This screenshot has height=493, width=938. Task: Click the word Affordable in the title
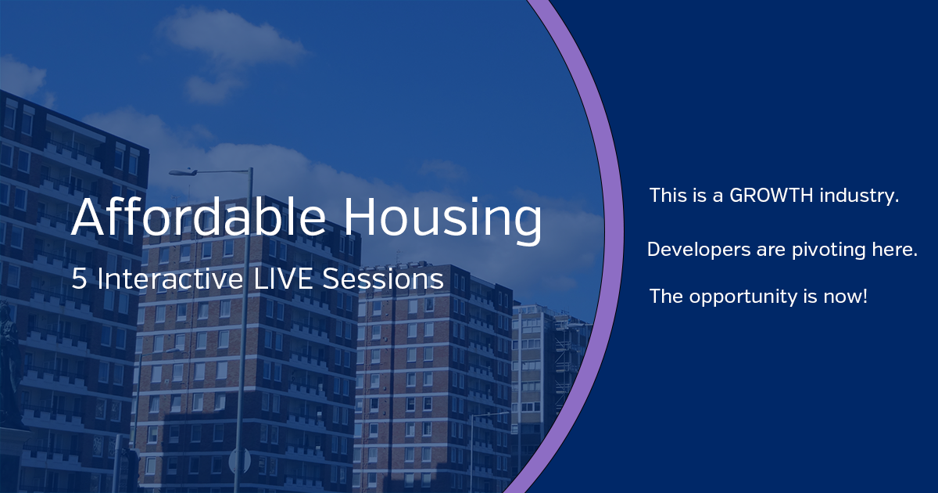[199, 217]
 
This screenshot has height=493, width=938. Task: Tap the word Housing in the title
[443, 221]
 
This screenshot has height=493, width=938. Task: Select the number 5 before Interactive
[79, 279]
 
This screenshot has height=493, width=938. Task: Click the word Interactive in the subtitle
[170, 279]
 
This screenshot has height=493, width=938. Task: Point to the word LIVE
[283, 279]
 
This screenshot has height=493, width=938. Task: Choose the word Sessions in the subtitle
[383, 279]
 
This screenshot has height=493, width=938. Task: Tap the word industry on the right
[859, 196]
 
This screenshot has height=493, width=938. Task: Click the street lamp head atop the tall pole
[184, 172]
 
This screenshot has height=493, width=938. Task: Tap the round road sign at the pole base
[239, 461]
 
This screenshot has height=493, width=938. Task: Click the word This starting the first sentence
[666, 196]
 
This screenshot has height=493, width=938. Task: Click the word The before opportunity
[666, 297]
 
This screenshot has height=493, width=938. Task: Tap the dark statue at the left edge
[9, 365]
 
